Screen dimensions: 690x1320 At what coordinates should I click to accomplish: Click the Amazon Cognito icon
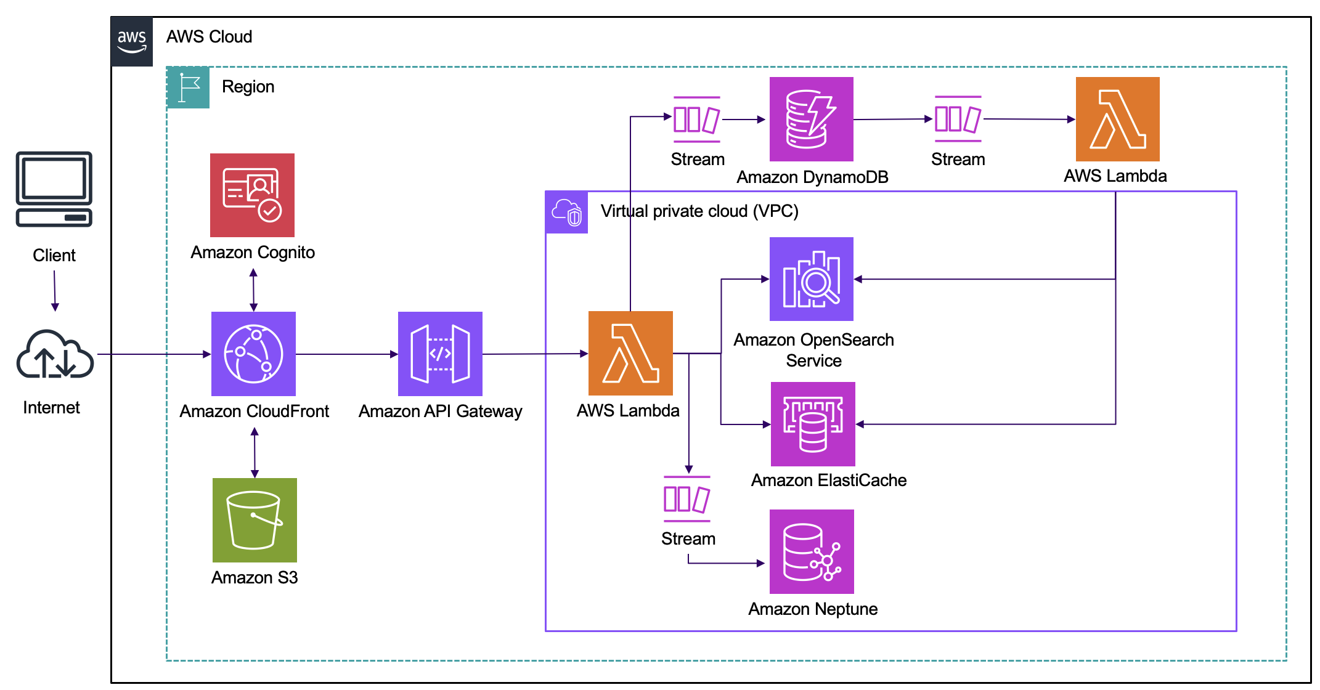(252, 195)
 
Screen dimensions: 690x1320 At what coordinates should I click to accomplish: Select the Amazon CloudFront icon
(253, 354)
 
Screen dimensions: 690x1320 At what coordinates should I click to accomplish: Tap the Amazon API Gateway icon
(440, 354)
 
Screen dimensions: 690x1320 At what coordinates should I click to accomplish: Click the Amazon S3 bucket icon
(255, 520)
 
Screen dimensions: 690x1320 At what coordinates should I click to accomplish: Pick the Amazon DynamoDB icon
(811, 119)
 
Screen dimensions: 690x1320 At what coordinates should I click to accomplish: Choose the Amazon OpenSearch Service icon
(811, 279)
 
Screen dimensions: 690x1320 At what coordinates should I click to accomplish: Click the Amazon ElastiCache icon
(813, 424)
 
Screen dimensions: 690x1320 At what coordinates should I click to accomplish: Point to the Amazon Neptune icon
(812, 551)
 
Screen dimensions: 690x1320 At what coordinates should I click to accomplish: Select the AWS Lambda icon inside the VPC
(630, 353)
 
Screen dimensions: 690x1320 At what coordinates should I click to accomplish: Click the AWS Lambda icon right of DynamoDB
(1117, 119)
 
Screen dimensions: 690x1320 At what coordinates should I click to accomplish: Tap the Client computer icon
(54, 189)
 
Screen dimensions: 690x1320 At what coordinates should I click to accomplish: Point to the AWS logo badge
(132, 41)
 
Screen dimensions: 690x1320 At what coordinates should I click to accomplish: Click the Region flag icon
(188, 87)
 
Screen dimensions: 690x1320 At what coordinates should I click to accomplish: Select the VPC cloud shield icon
(567, 213)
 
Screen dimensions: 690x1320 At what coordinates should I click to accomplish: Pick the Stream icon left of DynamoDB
(696, 119)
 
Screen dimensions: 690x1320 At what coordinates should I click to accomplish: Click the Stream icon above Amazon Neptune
(686, 498)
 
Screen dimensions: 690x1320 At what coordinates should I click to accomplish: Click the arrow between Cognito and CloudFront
(253, 290)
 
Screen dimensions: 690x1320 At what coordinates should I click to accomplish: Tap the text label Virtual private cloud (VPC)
(699, 211)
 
